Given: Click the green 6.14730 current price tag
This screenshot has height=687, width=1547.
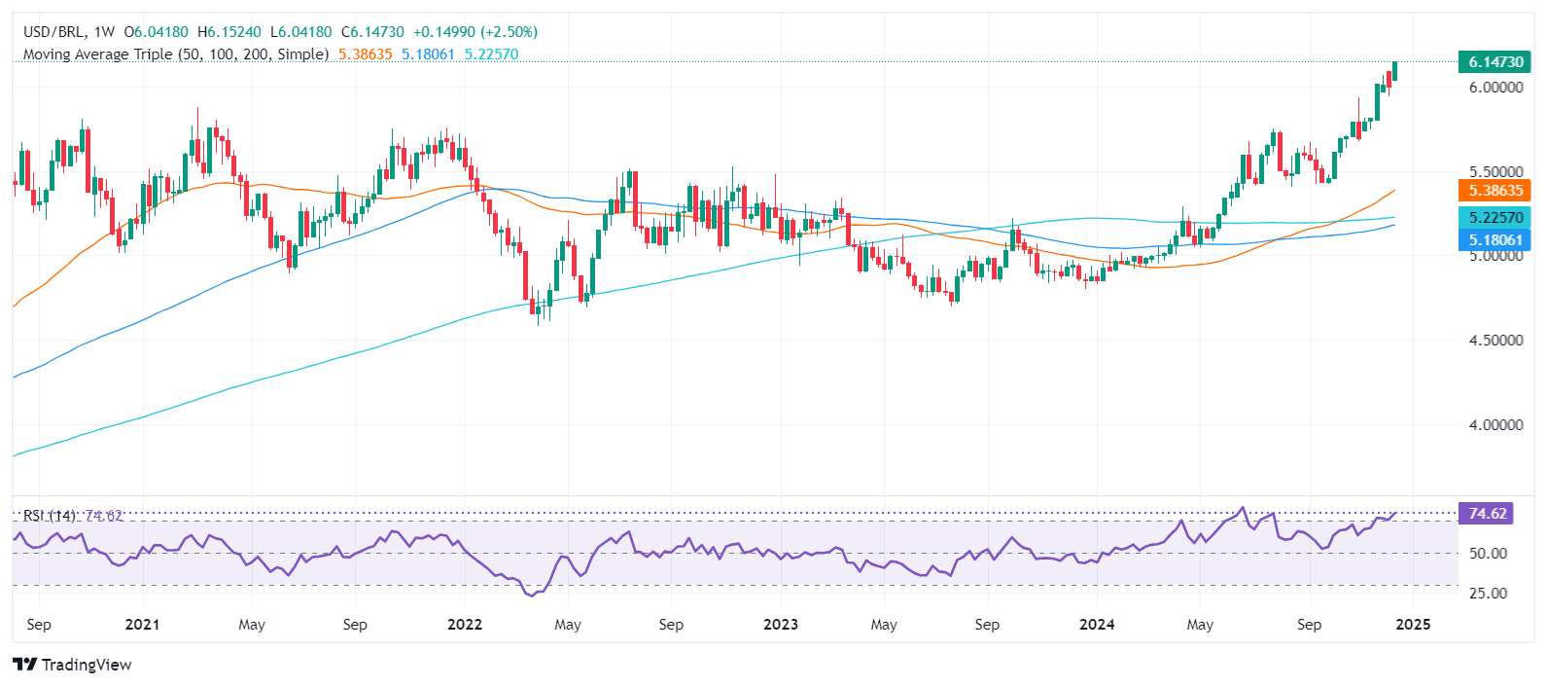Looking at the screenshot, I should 1494,61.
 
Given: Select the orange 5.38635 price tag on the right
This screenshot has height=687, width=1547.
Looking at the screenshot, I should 1494,191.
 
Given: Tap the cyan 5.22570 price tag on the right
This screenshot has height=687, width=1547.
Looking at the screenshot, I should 1494,218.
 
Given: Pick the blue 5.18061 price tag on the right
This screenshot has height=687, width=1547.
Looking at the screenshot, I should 1494,239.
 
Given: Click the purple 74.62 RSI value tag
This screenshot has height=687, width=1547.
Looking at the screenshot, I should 1487,514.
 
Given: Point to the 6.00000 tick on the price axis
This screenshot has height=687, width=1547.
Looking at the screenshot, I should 1494,88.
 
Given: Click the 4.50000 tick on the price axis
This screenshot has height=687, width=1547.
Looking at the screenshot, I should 1494,341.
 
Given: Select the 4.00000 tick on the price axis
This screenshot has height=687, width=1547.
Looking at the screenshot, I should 1494,425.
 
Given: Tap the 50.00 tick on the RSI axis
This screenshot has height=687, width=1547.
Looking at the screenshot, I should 1488,554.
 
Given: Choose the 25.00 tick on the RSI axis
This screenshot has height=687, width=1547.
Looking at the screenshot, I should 1488,594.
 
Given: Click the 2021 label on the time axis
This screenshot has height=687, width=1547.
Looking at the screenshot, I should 143,625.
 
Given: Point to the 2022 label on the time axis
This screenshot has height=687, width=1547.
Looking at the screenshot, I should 464,625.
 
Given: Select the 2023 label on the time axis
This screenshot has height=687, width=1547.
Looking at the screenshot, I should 780,625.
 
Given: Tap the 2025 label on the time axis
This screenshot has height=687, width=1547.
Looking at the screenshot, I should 1412,625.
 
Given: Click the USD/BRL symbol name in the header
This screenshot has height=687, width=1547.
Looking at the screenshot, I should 53,32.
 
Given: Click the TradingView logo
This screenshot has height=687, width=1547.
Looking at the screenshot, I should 73,665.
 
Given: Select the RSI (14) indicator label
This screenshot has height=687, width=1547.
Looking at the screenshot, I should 50,516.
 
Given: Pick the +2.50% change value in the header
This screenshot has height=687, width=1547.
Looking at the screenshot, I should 506,32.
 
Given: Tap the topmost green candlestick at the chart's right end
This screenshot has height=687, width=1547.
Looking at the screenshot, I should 1394,69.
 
